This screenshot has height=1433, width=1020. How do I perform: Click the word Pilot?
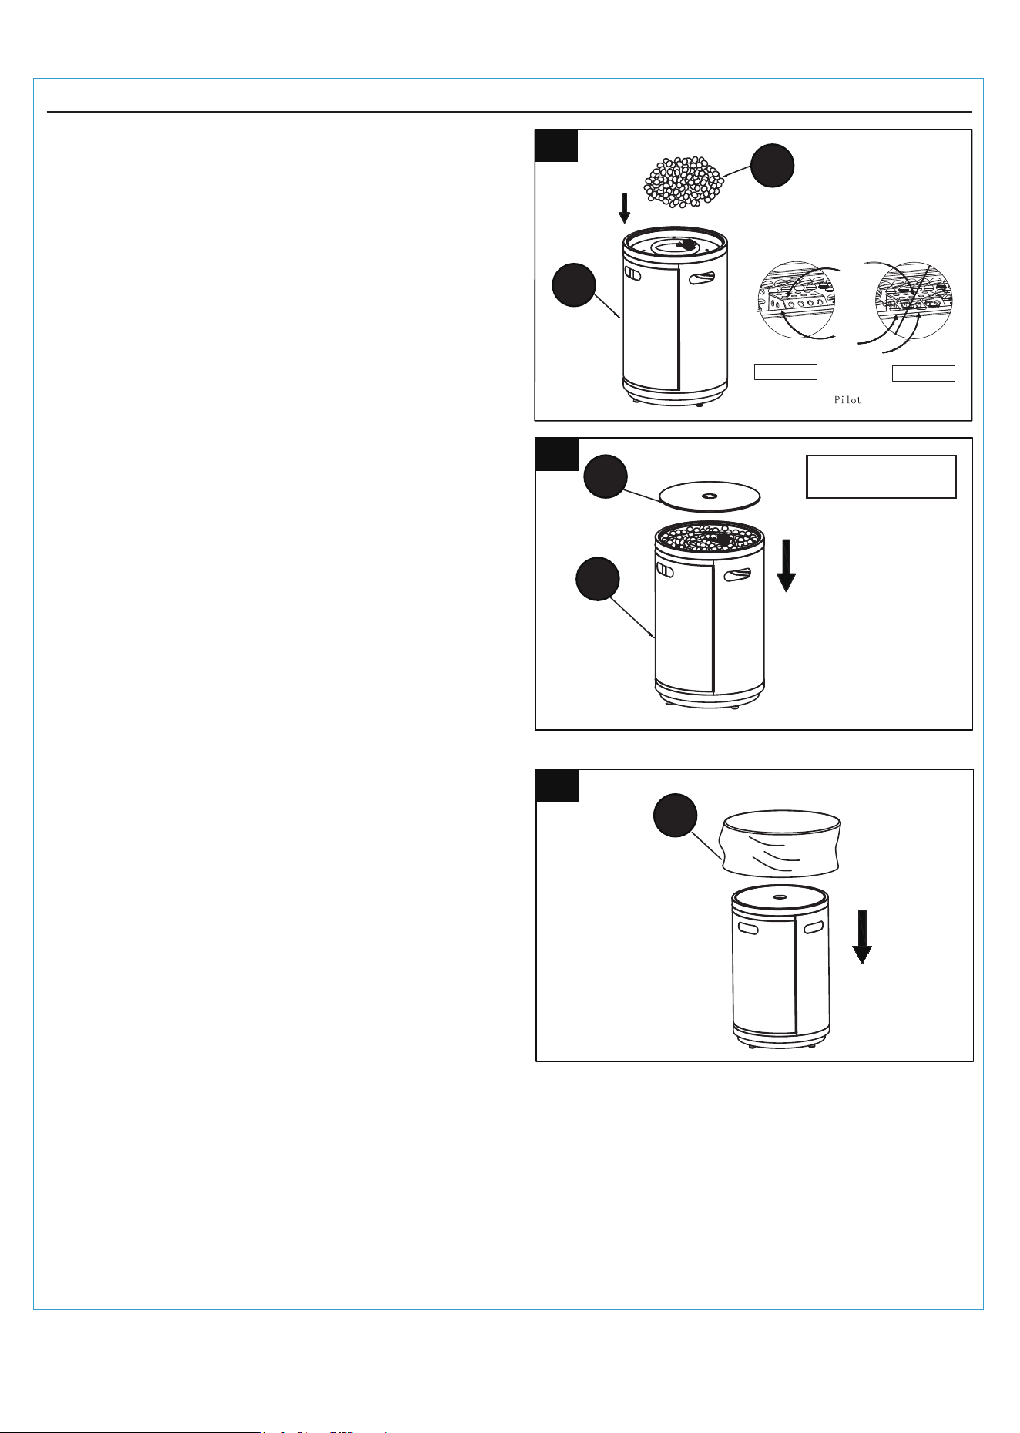pos(847,400)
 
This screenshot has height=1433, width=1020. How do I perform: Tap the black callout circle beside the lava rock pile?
pos(773,165)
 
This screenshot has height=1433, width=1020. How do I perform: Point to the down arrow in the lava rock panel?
pos(624,207)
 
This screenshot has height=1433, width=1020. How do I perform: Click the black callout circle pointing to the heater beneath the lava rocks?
pos(574,285)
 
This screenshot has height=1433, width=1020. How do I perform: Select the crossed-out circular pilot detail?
pos(914,301)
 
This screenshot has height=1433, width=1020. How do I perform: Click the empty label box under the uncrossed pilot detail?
pos(785,372)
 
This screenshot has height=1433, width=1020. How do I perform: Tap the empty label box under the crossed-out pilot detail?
pos(924,373)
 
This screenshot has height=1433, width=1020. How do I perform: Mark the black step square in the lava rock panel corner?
pos(556,146)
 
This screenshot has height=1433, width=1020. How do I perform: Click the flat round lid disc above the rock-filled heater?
pos(710,497)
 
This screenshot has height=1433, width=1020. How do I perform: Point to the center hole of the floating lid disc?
pos(710,496)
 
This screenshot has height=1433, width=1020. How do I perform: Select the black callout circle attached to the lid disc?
pos(605,476)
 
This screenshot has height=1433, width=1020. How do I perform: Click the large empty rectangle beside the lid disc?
pos(881,477)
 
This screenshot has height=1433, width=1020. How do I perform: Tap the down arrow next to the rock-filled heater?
pos(786,566)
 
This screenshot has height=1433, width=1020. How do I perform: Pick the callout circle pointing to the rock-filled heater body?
pos(598,579)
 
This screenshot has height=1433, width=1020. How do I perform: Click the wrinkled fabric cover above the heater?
pos(780,844)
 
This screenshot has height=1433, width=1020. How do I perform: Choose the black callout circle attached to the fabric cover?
pos(676,816)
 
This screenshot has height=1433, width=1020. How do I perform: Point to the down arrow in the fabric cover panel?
pos(862,937)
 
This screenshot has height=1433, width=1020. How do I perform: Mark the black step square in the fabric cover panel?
pos(558,786)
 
